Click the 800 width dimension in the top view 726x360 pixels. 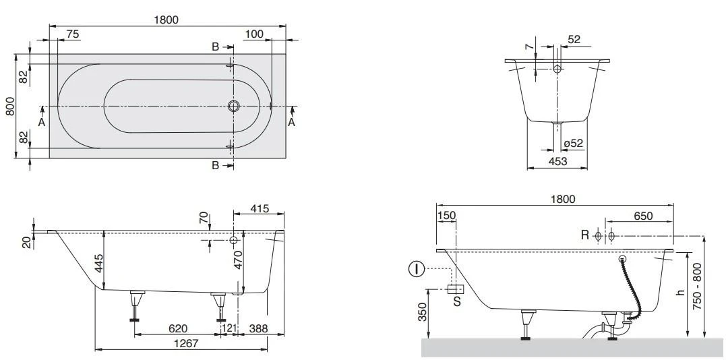10,106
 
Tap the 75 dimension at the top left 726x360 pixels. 73,34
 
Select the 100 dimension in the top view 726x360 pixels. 254,34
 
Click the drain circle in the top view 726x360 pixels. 234,107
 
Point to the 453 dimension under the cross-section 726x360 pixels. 557,162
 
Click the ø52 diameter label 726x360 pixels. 574,143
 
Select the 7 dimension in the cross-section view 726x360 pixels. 530,50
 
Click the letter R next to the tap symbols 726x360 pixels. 585,235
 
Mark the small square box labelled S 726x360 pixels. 454,289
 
